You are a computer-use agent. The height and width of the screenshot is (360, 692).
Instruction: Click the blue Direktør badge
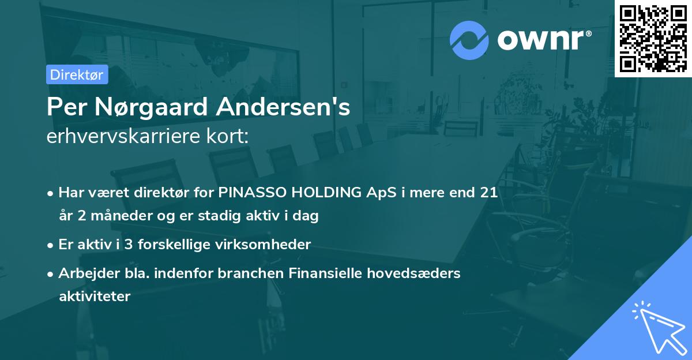[77, 74]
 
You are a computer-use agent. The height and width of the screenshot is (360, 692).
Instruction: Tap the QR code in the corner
[653, 38]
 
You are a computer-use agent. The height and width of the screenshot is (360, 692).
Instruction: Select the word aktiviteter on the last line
[95, 297]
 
